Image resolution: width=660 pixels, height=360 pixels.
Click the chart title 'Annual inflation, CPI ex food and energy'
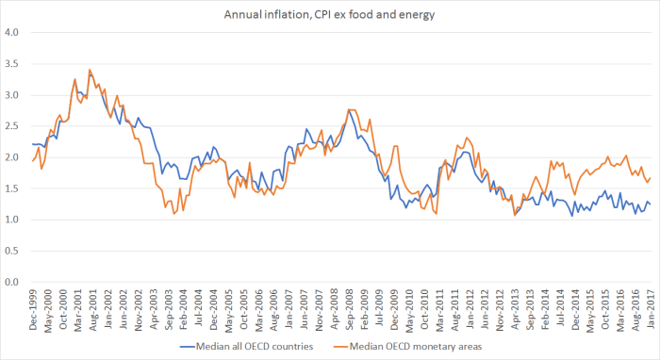coord(330,14)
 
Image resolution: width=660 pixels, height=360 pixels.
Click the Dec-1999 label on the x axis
coord(33,306)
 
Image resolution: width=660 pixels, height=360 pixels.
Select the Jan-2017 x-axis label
coord(650,306)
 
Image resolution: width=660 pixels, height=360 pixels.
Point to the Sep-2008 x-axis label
coord(349,306)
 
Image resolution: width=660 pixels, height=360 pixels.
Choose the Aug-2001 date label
coord(93,306)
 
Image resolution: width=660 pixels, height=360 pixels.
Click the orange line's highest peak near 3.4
coord(90,70)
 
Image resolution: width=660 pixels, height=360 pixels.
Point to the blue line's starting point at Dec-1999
coord(32,144)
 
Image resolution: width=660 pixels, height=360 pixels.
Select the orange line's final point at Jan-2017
coord(650,178)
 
